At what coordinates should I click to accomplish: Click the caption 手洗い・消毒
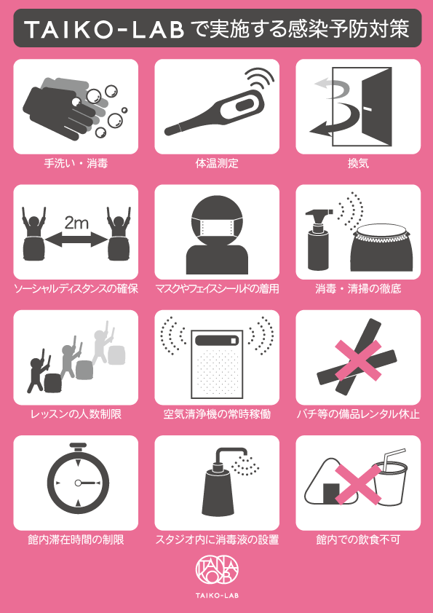(76, 163)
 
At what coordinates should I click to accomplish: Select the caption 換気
(358, 163)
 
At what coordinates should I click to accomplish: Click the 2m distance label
(76, 224)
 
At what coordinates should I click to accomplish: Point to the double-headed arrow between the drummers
(76, 239)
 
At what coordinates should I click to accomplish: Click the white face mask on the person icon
(217, 228)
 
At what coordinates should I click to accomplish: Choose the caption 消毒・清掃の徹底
(358, 289)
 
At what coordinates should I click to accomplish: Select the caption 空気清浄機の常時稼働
(217, 414)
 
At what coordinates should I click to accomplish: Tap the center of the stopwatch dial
(78, 483)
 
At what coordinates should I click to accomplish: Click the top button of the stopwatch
(78, 446)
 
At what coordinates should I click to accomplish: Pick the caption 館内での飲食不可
(358, 540)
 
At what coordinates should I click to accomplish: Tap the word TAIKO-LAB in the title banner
(104, 29)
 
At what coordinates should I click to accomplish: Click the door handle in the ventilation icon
(367, 107)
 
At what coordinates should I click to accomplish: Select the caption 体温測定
(217, 163)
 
